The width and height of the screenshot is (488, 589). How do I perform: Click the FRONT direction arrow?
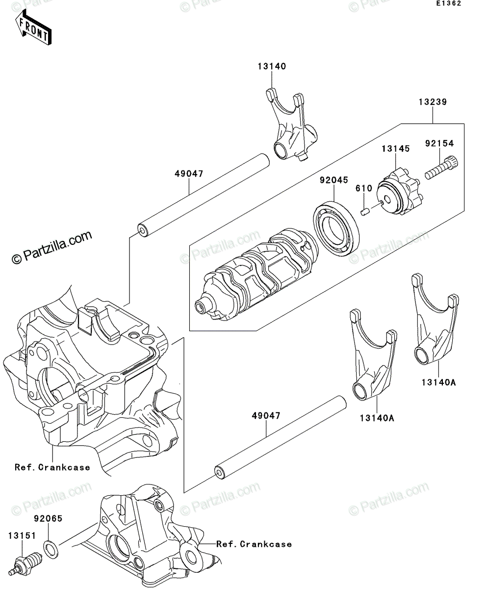[33, 27]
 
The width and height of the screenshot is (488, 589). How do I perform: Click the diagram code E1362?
[449, 3]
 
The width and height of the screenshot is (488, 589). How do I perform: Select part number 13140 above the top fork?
[272, 66]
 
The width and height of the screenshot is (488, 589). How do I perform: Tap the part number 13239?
[433, 102]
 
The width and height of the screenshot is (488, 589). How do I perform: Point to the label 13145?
[395, 149]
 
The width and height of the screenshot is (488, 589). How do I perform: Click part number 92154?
[439, 143]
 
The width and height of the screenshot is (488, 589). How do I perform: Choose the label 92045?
[334, 180]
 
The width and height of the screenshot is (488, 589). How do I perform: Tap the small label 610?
[364, 188]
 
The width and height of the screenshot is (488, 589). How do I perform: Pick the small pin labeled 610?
[365, 212]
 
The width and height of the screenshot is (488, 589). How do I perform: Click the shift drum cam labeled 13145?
[401, 192]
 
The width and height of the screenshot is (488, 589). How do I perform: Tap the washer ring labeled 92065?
[51, 550]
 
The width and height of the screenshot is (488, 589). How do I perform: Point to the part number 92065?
[48, 518]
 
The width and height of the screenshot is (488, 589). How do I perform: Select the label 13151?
[22, 535]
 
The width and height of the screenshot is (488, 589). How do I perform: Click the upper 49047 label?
[189, 174]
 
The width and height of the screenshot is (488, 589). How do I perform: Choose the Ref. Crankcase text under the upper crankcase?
[52, 468]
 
